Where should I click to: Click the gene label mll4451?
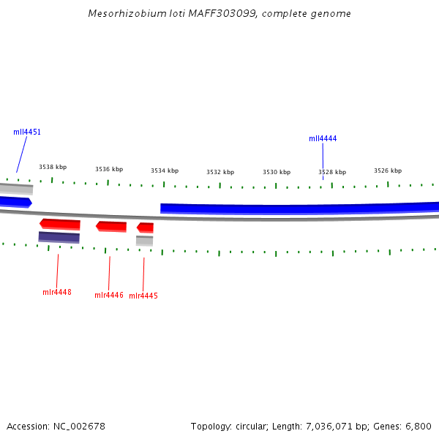coord(27,132)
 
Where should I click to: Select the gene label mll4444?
coord(323,138)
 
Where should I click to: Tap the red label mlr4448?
coord(57,293)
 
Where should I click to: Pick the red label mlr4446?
coord(109,296)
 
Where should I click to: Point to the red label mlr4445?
coord(143,296)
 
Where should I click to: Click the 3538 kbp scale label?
coord(53,168)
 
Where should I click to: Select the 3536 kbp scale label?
coord(109,169)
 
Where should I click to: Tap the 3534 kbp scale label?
coord(165,170)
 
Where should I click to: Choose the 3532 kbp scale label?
coord(220,172)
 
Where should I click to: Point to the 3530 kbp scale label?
coord(277,172)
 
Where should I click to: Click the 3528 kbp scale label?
coord(332,172)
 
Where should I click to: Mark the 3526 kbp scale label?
coord(388,170)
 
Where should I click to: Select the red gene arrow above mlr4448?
coord(60,223)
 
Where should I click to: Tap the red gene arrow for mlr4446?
coord(111,226)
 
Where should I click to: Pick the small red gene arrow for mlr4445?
coord(145,228)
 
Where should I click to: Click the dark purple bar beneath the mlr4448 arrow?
coord(59,237)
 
